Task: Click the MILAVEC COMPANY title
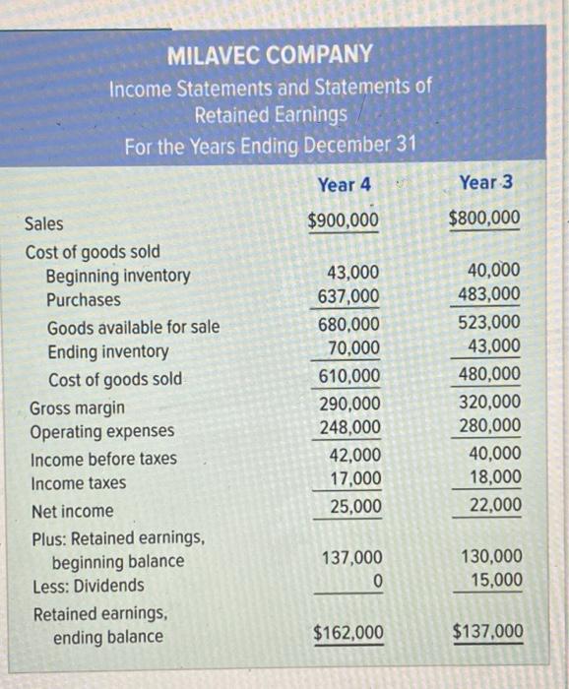pos(270,54)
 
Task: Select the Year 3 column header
pos(486,183)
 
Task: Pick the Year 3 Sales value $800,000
pos(485,219)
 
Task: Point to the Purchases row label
pos(84,300)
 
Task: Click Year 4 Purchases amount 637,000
pos(348,297)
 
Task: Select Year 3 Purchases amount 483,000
pos(489,294)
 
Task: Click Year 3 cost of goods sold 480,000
pos(489,373)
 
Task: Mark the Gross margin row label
pos(77,407)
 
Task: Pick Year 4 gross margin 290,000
pos(349,403)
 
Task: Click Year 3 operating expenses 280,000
pos(489,425)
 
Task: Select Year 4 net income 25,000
pos(353,507)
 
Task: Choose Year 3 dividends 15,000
pos(494,581)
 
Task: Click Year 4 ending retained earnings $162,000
pos(348,633)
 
